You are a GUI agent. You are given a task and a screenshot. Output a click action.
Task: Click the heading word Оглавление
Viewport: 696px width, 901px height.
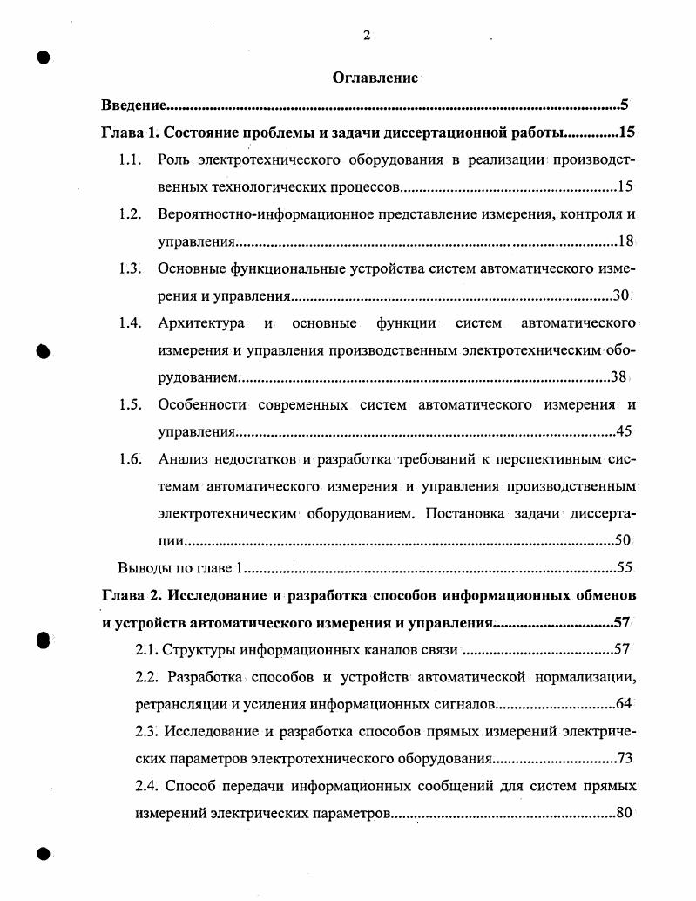375,78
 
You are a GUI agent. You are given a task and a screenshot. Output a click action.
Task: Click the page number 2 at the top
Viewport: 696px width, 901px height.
367,35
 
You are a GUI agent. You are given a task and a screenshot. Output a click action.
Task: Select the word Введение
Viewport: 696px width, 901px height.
132,105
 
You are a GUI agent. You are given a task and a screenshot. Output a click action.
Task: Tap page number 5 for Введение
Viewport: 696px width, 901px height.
625,105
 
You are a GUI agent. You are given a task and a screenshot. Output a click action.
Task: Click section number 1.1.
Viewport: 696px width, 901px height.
130,160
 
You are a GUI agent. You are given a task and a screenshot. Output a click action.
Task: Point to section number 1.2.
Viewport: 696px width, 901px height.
130,214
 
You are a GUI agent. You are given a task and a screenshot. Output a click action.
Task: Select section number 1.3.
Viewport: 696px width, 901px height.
130,268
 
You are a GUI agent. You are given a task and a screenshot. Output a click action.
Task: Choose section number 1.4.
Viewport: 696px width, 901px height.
130,323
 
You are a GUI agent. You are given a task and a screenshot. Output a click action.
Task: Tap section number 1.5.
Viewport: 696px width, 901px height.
130,404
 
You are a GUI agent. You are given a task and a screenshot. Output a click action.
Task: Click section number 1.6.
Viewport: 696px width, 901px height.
130,459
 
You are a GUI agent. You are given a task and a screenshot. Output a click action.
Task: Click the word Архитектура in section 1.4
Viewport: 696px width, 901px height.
201,323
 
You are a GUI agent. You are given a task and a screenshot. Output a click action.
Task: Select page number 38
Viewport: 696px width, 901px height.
619,377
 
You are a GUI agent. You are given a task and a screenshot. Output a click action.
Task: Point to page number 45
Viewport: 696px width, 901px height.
624,431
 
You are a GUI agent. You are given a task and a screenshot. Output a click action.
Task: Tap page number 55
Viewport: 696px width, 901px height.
624,568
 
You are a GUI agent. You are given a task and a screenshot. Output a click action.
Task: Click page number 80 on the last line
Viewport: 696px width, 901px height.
624,813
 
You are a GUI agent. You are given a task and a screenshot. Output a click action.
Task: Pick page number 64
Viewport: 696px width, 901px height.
624,704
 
